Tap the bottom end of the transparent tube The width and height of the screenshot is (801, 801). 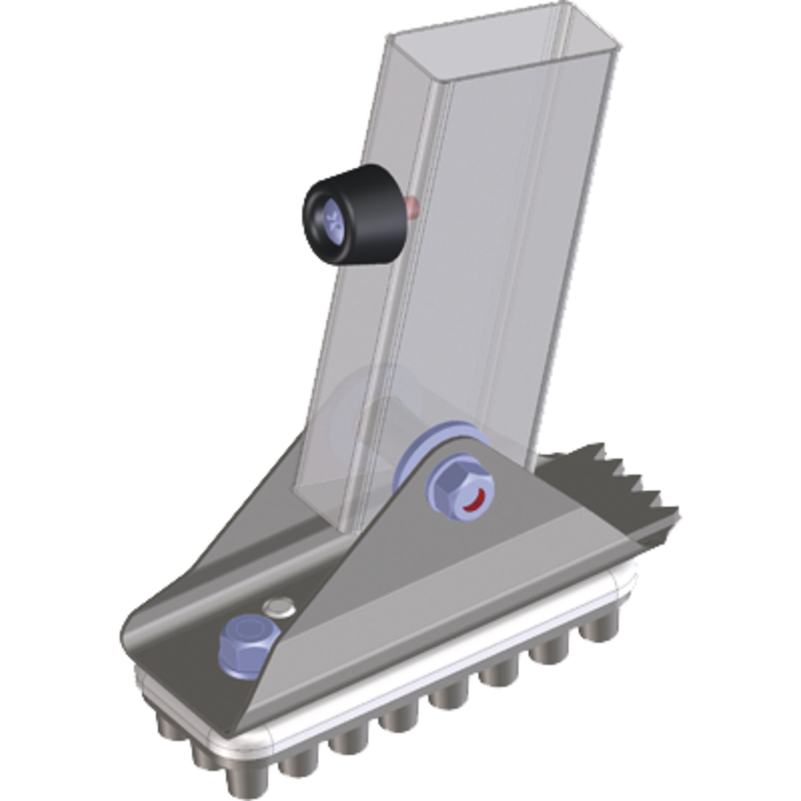click(x=332, y=506)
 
